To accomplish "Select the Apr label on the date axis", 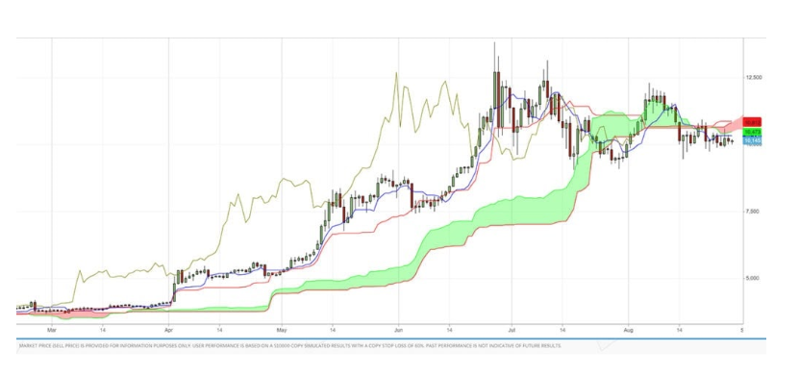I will coord(168,328).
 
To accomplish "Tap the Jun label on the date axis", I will coord(397,328).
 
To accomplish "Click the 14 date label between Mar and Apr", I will coord(102,328).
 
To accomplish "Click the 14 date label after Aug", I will coord(679,328).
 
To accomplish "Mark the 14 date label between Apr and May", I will coord(220,328).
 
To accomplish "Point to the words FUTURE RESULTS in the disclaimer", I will coord(540,345).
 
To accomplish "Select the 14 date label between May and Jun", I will coord(333,328).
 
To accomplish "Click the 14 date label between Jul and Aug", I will coord(562,328).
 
